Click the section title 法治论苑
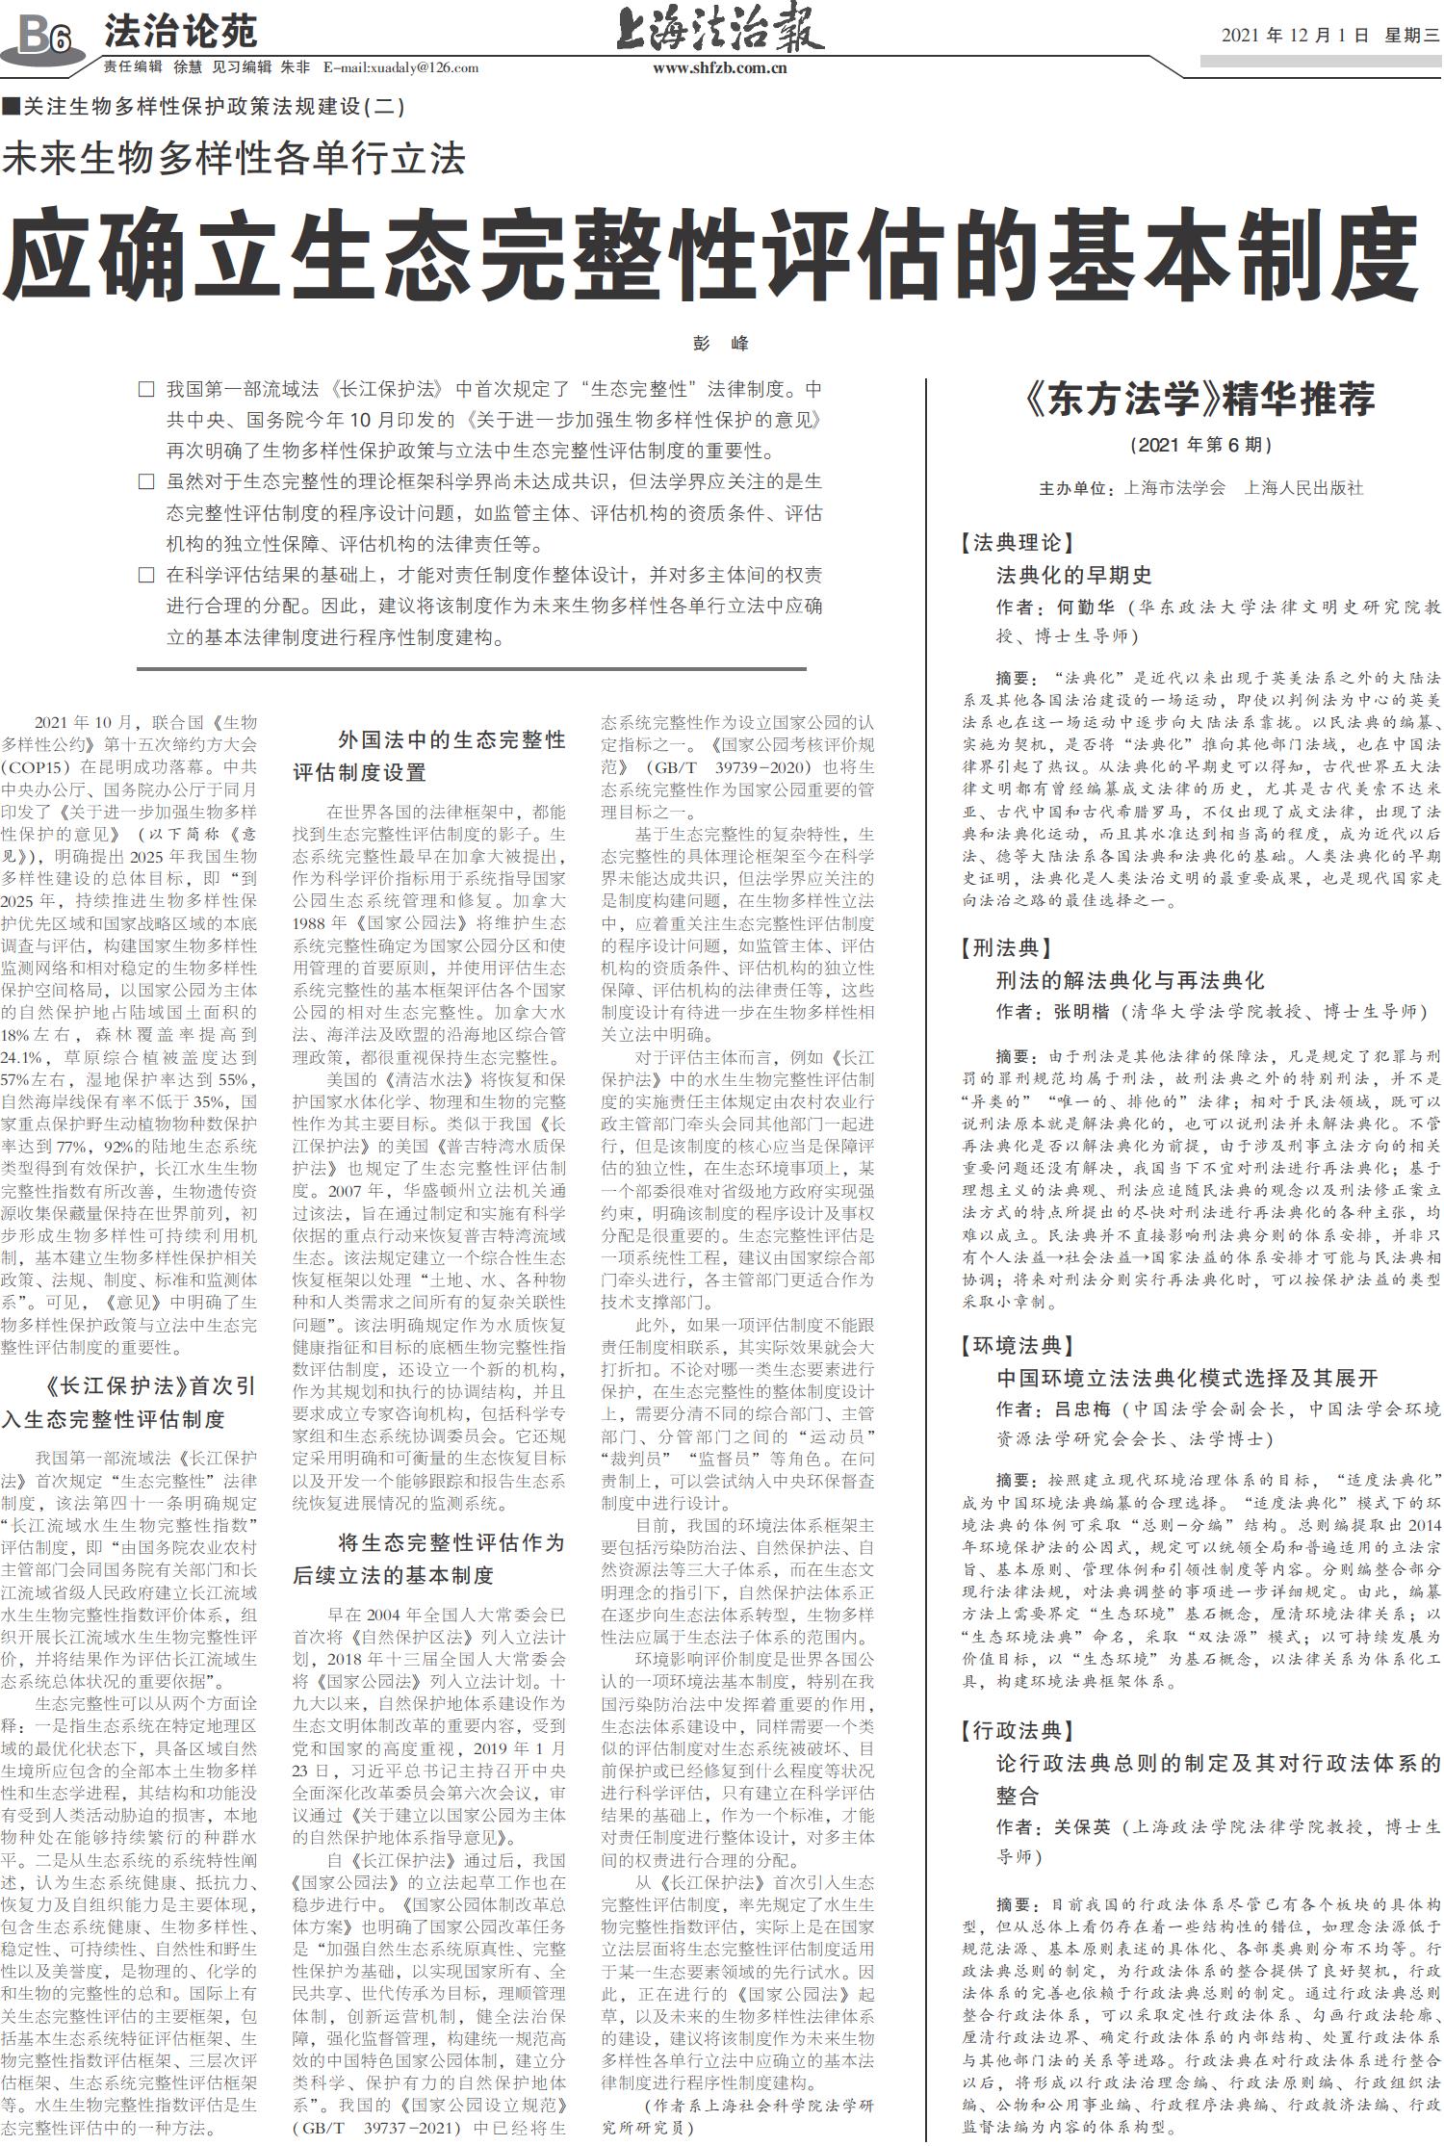click(x=181, y=33)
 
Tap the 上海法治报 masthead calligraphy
click(x=720, y=29)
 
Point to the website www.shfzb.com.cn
click(x=720, y=67)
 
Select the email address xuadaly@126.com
click(x=423, y=67)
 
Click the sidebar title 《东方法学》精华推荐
click(x=1200, y=399)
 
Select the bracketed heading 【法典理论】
click(x=1016, y=543)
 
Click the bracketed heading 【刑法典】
click(x=1006, y=948)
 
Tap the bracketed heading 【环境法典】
click(x=1016, y=1345)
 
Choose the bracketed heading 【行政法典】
click(x=1016, y=1731)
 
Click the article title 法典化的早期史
click(x=1073, y=576)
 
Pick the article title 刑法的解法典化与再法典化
click(x=1129, y=981)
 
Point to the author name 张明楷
click(x=1081, y=1012)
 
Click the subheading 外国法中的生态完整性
click(x=451, y=740)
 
